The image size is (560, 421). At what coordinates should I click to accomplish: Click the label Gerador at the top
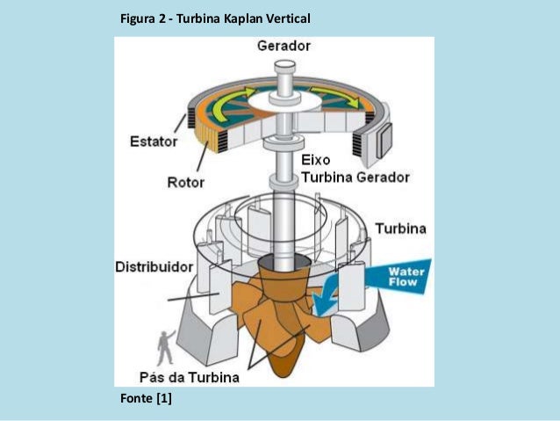[283, 46]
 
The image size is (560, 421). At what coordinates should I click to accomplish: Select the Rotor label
[185, 183]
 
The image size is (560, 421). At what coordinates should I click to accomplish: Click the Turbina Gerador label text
[355, 178]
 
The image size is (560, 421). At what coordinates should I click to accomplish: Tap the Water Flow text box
[406, 277]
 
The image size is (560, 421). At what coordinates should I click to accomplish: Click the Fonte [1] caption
[145, 400]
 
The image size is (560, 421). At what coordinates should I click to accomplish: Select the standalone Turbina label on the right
[400, 229]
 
